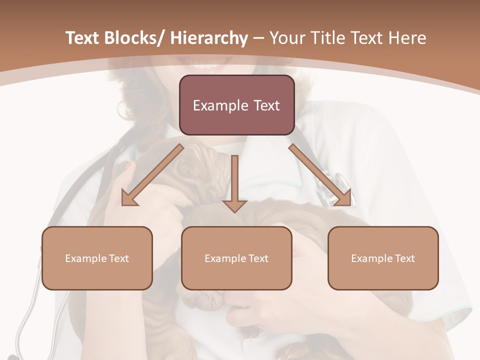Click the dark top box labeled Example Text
[x=236, y=105]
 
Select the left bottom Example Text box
[x=97, y=258]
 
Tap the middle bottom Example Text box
[x=236, y=258]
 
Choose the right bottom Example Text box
[x=383, y=258]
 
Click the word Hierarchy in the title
[x=209, y=38]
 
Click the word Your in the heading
[x=287, y=38]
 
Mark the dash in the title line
[x=258, y=38]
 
